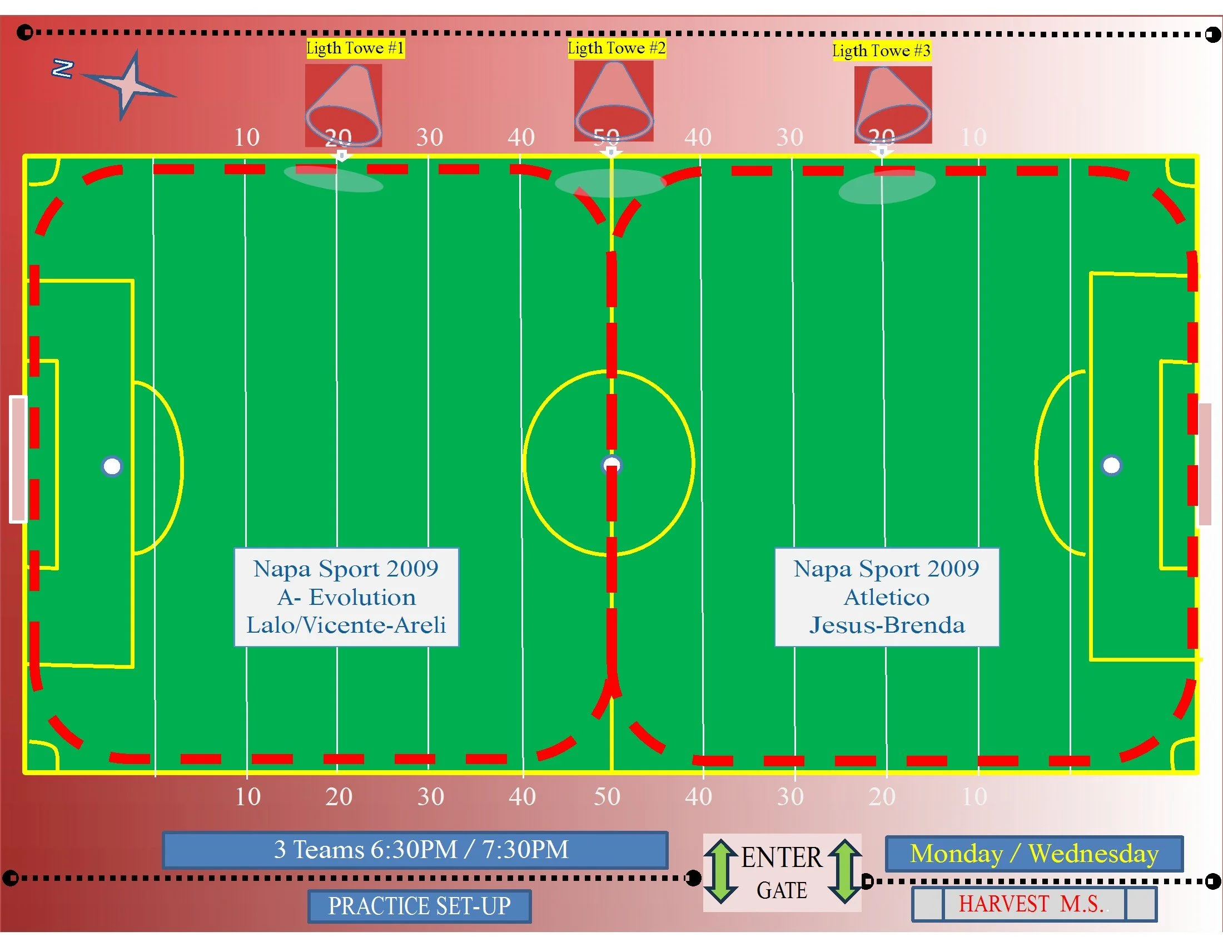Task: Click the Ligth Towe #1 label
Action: click(355, 48)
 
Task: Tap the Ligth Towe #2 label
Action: click(617, 48)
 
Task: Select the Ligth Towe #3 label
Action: click(881, 51)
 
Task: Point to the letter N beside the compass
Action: click(62, 68)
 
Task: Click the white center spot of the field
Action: click(611, 465)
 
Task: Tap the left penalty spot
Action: click(112, 466)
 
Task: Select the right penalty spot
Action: click(1112, 465)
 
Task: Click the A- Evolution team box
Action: click(346, 598)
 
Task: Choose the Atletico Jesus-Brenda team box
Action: click(887, 598)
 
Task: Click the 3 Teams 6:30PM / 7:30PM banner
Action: click(415, 850)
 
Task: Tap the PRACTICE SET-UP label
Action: click(419, 906)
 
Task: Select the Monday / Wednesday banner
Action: click(1034, 854)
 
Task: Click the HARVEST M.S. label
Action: click(1034, 904)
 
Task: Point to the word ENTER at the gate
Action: click(782, 858)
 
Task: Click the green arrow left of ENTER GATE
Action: click(720, 871)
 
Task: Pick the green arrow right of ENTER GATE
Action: click(845, 871)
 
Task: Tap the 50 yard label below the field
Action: click(607, 796)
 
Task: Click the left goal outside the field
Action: click(18, 459)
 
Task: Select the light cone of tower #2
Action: click(614, 101)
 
